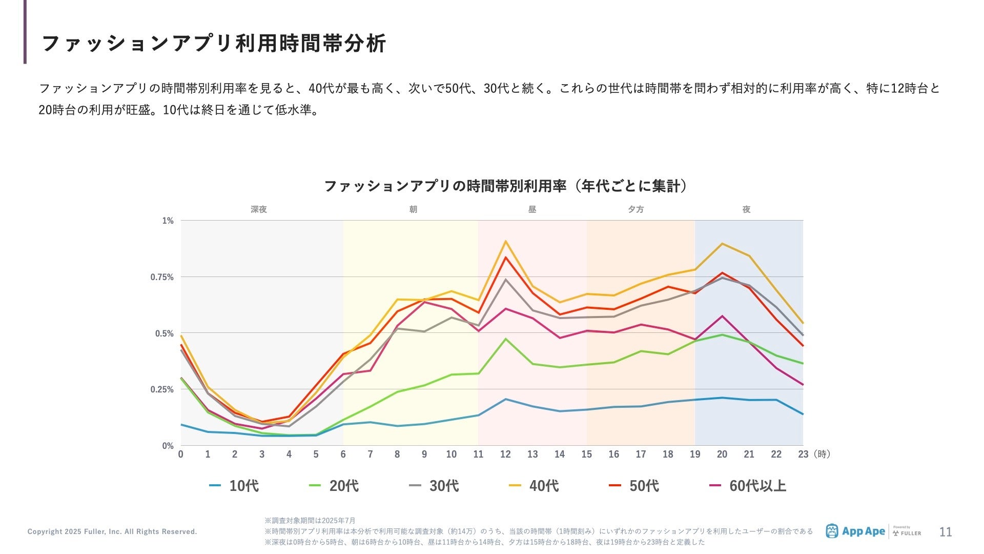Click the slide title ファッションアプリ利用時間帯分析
213,44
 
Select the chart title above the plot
505,186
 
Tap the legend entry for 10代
235,486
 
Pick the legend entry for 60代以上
748,486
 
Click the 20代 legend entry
335,486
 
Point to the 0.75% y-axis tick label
162,277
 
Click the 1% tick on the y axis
168,221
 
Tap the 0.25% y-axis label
162,389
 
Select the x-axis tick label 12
505,454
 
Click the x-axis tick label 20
722,454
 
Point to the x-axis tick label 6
343,454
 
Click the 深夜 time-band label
259,209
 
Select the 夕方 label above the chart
635,209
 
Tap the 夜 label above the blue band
746,209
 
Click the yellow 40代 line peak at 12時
505,241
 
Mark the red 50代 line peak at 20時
722,273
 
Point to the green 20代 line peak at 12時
505,339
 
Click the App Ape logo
855,531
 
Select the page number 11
945,532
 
